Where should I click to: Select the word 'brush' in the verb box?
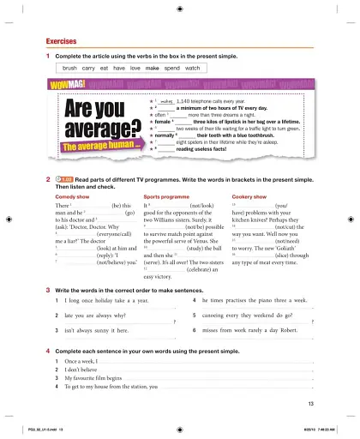tap(70, 67)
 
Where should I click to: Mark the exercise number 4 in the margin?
tap(47, 352)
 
